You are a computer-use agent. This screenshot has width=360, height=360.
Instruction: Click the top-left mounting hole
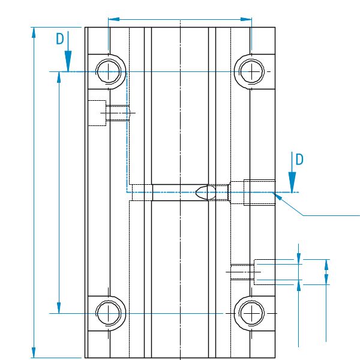109,71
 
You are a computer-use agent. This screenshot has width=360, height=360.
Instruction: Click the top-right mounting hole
251,71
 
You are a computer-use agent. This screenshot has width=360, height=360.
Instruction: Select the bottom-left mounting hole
109,313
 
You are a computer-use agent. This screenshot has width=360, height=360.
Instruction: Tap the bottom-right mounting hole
251,313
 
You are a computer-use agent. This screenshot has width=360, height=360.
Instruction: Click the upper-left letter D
59,39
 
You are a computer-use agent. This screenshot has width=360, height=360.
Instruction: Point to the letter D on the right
299,159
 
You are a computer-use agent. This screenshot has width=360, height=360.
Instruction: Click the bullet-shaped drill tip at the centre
204,192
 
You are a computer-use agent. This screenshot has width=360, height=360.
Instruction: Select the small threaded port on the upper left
118,113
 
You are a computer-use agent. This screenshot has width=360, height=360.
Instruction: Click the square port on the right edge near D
259,192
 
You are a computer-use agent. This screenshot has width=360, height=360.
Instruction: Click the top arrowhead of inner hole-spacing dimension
59,76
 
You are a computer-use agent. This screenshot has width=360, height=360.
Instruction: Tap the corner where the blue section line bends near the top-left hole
127,72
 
